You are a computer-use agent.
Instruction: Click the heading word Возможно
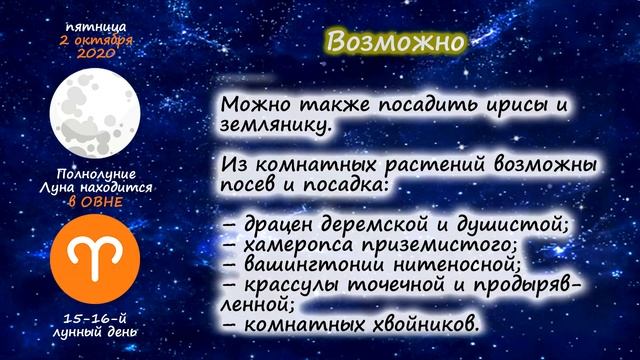[397, 43]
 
